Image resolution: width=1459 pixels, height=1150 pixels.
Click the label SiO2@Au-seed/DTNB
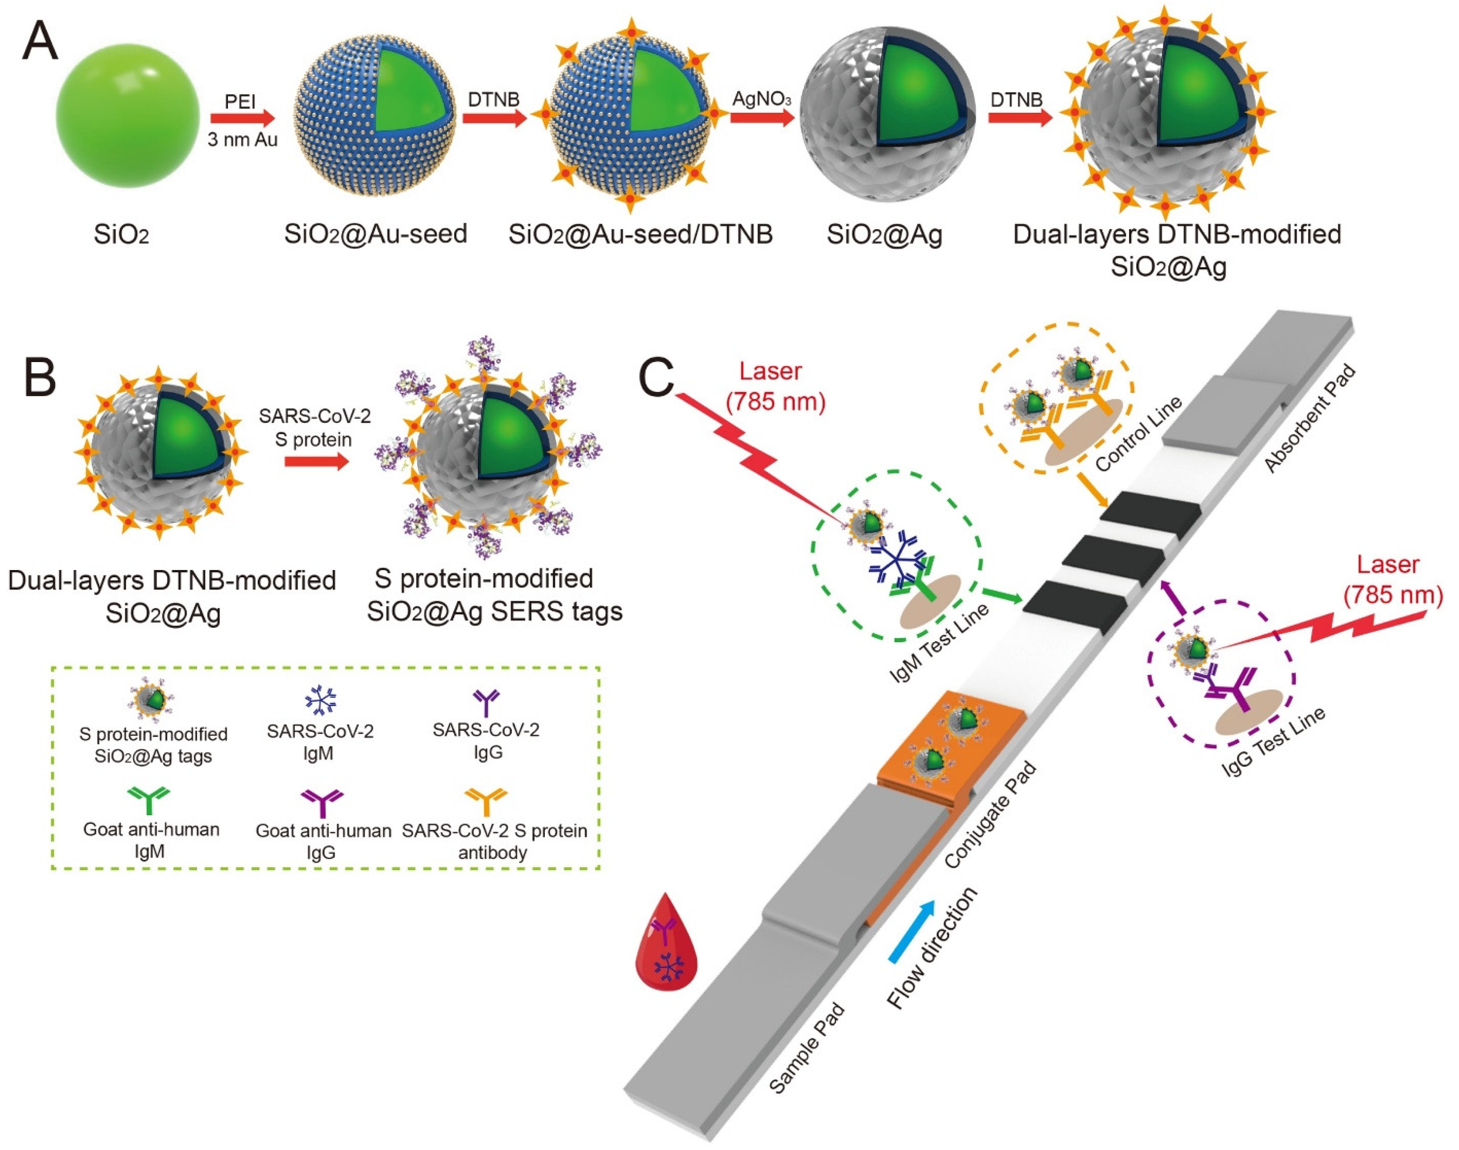point(640,234)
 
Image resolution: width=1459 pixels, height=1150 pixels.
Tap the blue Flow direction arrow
point(912,932)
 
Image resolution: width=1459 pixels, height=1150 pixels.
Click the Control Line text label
point(1138,434)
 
